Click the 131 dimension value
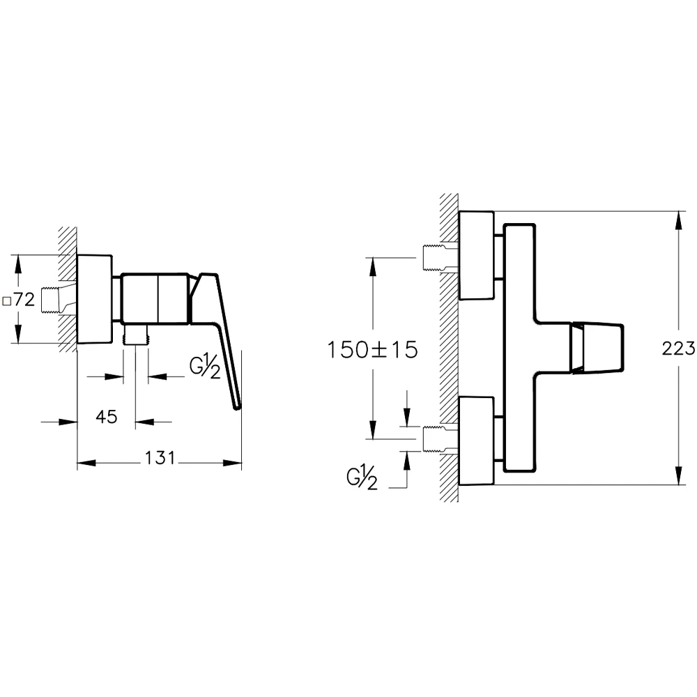[x=160, y=458]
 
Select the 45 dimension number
[x=106, y=417]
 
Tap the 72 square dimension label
[x=24, y=300]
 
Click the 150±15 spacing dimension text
[x=373, y=348]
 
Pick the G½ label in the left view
[x=206, y=367]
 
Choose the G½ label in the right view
[x=362, y=479]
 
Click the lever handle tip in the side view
[x=237, y=406]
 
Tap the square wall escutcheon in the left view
[x=94, y=298]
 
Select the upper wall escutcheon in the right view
[x=476, y=255]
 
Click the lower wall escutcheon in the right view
[x=476, y=441]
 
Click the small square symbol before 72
[x=6, y=301]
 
